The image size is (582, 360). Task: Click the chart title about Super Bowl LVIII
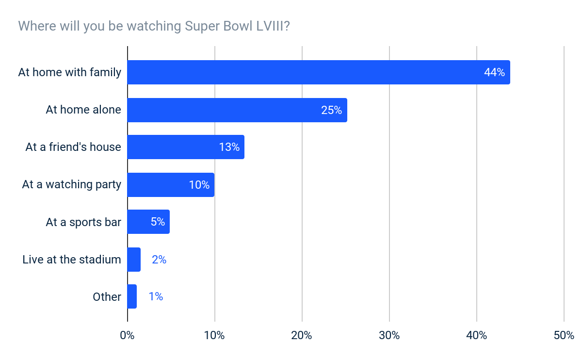tap(154, 26)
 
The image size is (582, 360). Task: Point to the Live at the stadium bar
tap(134, 260)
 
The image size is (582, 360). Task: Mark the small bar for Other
tap(132, 296)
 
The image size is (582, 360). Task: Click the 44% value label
tap(494, 72)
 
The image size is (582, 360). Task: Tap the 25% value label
tap(331, 110)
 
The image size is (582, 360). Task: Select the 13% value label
tap(229, 147)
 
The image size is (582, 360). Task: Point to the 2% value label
tap(159, 260)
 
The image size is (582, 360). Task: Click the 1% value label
tap(156, 296)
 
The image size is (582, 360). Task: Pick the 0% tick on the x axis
tap(127, 335)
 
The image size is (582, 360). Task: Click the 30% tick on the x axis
tap(389, 335)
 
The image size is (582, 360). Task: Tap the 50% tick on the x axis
tap(564, 335)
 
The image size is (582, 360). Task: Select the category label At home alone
tap(83, 110)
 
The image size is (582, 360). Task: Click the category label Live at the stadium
tap(72, 260)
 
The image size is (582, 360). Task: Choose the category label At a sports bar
tap(83, 222)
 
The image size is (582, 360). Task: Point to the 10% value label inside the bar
tap(199, 185)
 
